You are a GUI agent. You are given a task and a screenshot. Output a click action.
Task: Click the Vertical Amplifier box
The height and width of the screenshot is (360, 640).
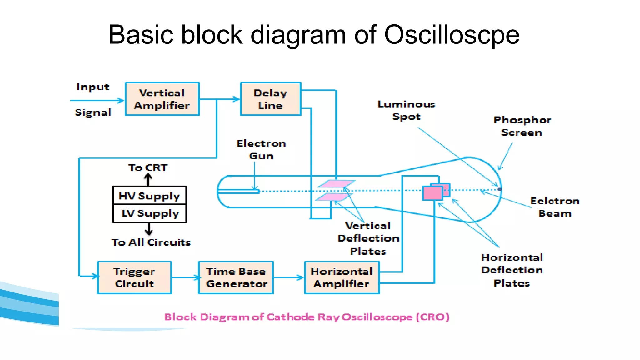(x=162, y=99)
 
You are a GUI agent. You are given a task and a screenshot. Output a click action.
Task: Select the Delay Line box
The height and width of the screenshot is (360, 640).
(x=270, y=99)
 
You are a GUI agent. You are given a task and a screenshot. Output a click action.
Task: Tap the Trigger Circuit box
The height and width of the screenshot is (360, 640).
(x=134, y=277)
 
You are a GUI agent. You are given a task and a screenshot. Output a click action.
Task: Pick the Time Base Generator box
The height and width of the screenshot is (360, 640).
(x=236, y=277)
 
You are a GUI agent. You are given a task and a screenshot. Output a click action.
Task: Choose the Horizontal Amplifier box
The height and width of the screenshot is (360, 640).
(x=342, y=277)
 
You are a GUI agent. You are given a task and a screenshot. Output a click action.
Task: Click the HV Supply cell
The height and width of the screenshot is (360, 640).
(x=149, y=196)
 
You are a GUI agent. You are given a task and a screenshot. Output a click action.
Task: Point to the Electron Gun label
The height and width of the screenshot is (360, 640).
(x=261, y=150)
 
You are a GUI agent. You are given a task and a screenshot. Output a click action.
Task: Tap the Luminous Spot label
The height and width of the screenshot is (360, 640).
(x=406, y=110)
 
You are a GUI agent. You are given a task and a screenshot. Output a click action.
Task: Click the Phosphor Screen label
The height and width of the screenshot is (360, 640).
(x=522, y=126)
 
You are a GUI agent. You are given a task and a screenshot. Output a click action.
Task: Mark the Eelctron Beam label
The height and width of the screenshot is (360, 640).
(x=555, y=207)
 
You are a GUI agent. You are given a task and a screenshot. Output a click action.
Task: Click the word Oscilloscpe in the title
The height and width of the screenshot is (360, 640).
(x=451, y=35)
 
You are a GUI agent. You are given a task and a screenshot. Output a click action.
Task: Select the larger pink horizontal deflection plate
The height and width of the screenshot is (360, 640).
(x=432, y=193)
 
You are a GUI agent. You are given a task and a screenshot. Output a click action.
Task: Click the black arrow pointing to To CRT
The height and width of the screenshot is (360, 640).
(x=148, y=179)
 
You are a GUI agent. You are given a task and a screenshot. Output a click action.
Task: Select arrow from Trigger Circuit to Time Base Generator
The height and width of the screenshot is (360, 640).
(x=185, y=277)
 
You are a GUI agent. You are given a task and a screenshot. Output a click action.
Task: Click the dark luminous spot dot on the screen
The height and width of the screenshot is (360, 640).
(x=499, y=189)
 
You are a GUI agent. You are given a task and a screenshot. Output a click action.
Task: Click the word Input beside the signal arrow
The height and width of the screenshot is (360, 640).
(x=93, y=87)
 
